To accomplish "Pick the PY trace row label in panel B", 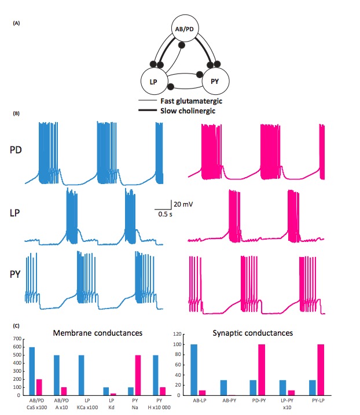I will tap(17, 273).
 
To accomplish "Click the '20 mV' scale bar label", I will tap(181, 205).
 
